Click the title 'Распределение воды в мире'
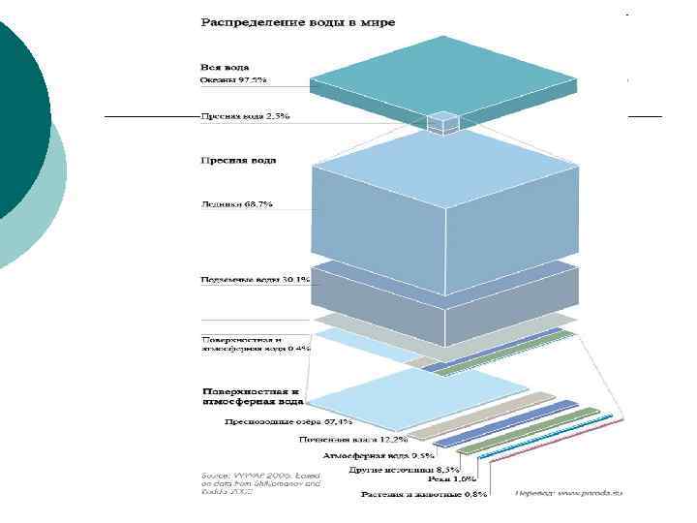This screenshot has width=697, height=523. click(x=297, y=21)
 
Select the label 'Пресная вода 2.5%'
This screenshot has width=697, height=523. click(x=245, y=116)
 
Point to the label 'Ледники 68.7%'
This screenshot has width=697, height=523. click(x=236, y=204)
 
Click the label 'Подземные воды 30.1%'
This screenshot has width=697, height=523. click(x=255, y=280)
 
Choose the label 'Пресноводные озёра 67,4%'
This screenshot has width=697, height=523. click(x=288, y=422)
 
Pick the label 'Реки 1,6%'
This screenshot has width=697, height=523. click(x=451, y=479)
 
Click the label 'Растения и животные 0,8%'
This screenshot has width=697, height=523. click(x=423, y=494)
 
